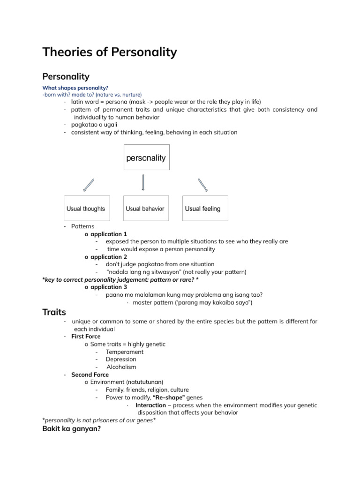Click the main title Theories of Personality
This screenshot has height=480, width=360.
point(110,52)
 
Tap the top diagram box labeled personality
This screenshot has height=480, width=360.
point(146,158)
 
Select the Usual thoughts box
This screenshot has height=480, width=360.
point(86,209)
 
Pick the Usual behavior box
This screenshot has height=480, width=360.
point(145,209)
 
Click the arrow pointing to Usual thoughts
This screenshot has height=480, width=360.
point(89,185)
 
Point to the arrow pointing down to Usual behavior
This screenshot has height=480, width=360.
point(143,183)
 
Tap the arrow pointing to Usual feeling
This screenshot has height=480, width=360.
point(202,185)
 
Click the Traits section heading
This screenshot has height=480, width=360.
point(54,312)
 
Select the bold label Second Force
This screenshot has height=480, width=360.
point(90,375)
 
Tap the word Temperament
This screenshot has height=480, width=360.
point(125,352)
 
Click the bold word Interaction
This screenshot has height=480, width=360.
point(150,405)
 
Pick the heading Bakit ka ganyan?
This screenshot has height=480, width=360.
point(71,428)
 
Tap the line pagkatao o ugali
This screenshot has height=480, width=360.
point(94,125)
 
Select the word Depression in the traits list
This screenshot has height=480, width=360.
point(121,360)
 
